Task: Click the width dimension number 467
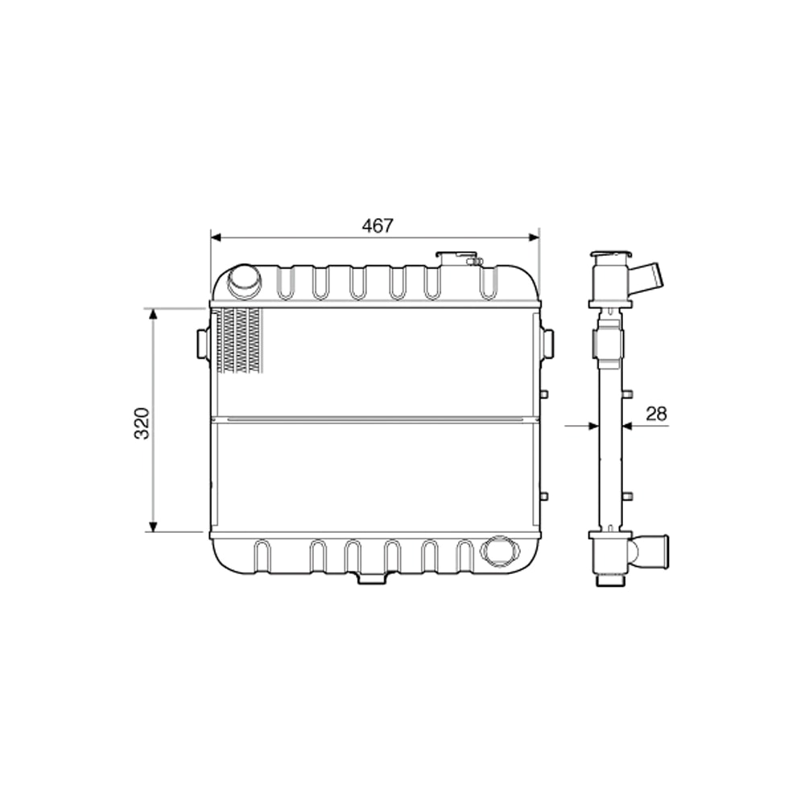click(x=377, y=226)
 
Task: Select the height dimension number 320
click(x=142, y=423)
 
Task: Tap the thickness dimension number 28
click(x=657, y=414)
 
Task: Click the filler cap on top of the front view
click(x=460, y=258)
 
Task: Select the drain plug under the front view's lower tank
click(x=371, y=577)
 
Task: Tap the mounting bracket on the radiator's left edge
click(x=203, y=344)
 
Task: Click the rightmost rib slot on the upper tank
click(x=487, y=283)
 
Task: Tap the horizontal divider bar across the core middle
click(x=374, y=419)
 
